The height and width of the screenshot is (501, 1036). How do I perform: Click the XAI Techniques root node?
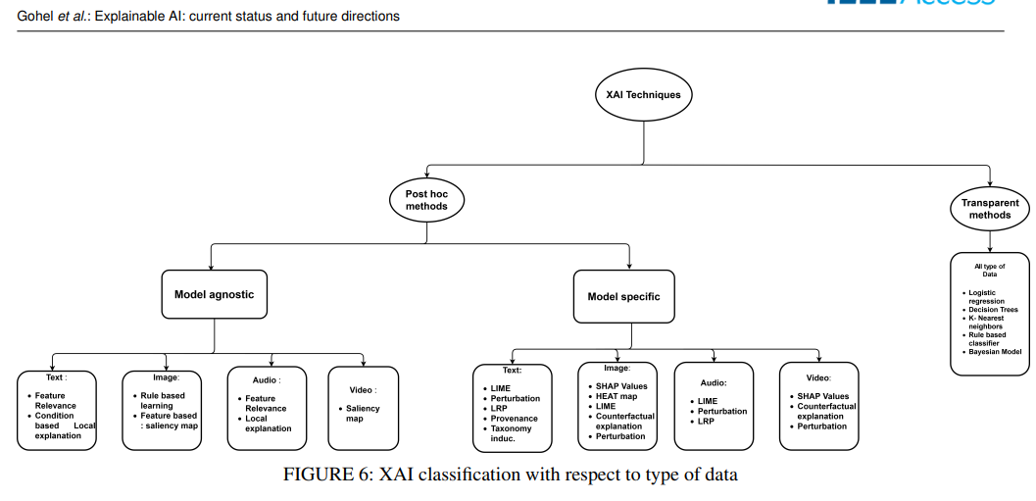coord(644,95)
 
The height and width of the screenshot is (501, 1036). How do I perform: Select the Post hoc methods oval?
coord(426,200)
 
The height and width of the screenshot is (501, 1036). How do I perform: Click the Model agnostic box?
coord(215,294)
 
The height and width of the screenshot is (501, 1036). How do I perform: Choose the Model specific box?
coord(623,297)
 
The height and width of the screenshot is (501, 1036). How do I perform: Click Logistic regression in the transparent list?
coord(991,297)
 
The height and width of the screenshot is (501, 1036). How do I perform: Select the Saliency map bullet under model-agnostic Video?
coord(363,414)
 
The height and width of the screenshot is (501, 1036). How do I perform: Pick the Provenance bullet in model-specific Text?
coord(514,419)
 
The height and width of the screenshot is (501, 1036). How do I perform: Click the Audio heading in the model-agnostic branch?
coord(265,379)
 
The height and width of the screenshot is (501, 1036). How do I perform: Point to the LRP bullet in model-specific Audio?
coord(707,422)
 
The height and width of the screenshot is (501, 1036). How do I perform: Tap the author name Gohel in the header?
coord(37,17)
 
